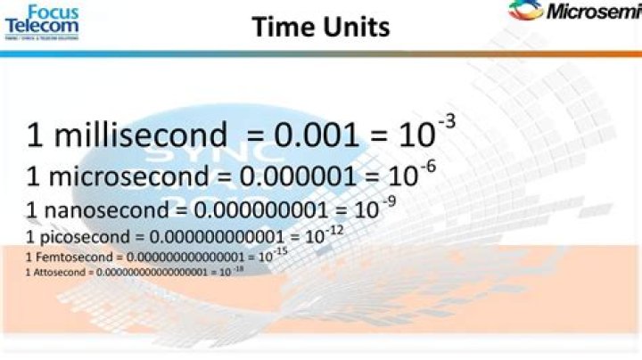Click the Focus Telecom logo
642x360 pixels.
[42, 19]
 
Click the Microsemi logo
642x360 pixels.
[575, 12]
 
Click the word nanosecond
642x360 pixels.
[111, 210]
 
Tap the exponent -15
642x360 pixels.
[280, 252]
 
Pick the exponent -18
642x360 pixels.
[238, 267]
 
